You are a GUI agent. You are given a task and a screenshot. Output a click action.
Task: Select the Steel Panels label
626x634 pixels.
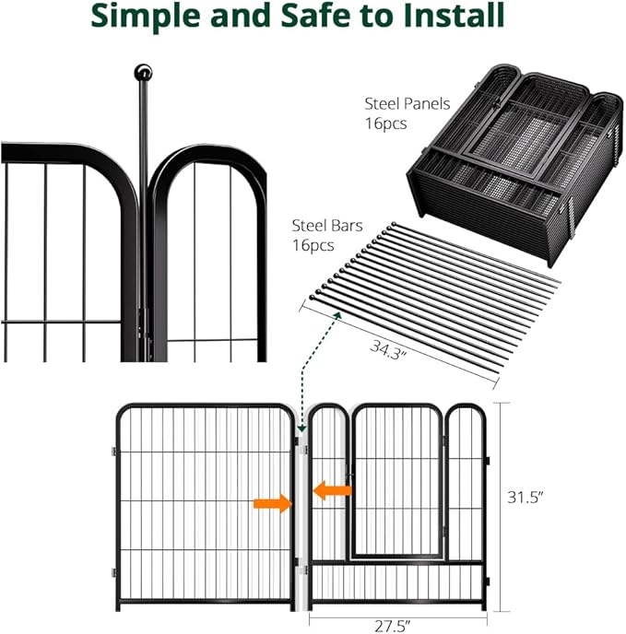coord(402,106)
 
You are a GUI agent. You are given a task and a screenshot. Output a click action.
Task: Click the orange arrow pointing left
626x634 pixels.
coord(332,491)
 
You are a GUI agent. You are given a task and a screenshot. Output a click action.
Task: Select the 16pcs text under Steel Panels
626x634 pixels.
coord(385,123)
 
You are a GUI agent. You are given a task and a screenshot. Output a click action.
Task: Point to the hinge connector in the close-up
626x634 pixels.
coord(141,318)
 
